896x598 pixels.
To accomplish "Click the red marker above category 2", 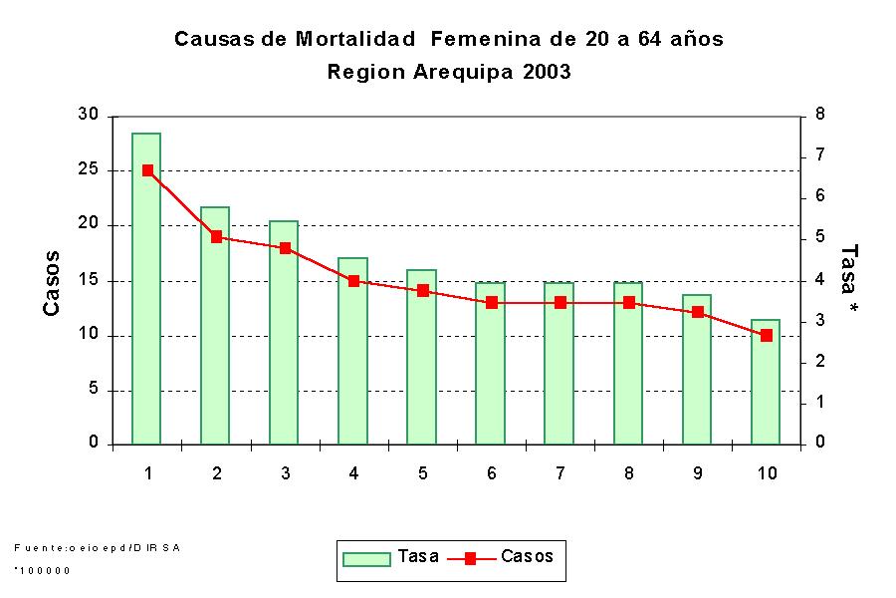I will click(x=216, y=237).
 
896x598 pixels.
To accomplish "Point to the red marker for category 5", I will click(x=422, y=291).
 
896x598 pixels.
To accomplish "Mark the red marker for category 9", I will click(x=697, y=312).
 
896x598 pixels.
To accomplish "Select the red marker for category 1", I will click(x=147, y=170).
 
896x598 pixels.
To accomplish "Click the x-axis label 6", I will click(x=491, y=473).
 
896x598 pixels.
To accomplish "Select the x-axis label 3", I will click(x=285, y=473).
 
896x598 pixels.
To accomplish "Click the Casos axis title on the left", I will click(x=52, y=283).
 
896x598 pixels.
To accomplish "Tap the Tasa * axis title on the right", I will click(x=848, y=282).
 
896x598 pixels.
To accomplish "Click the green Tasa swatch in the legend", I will click(x=365, y=559).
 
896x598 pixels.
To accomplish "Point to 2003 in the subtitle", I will click(x=547, y=73).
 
